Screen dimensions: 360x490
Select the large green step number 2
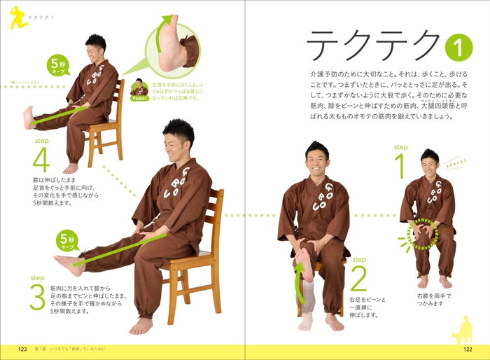pyautogui.click(x=358, y=279)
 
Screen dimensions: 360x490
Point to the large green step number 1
pyautogui.click(x=400, y=167)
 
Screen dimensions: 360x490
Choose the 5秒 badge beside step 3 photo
pyautogui.click(x=68, y=240)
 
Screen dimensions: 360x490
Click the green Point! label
pyautogui.click(x=139, y=98)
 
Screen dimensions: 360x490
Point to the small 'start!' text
pyautogui.click(x=456, y=162)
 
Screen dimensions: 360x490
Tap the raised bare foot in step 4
pyautogui.click(x=28, y=118)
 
